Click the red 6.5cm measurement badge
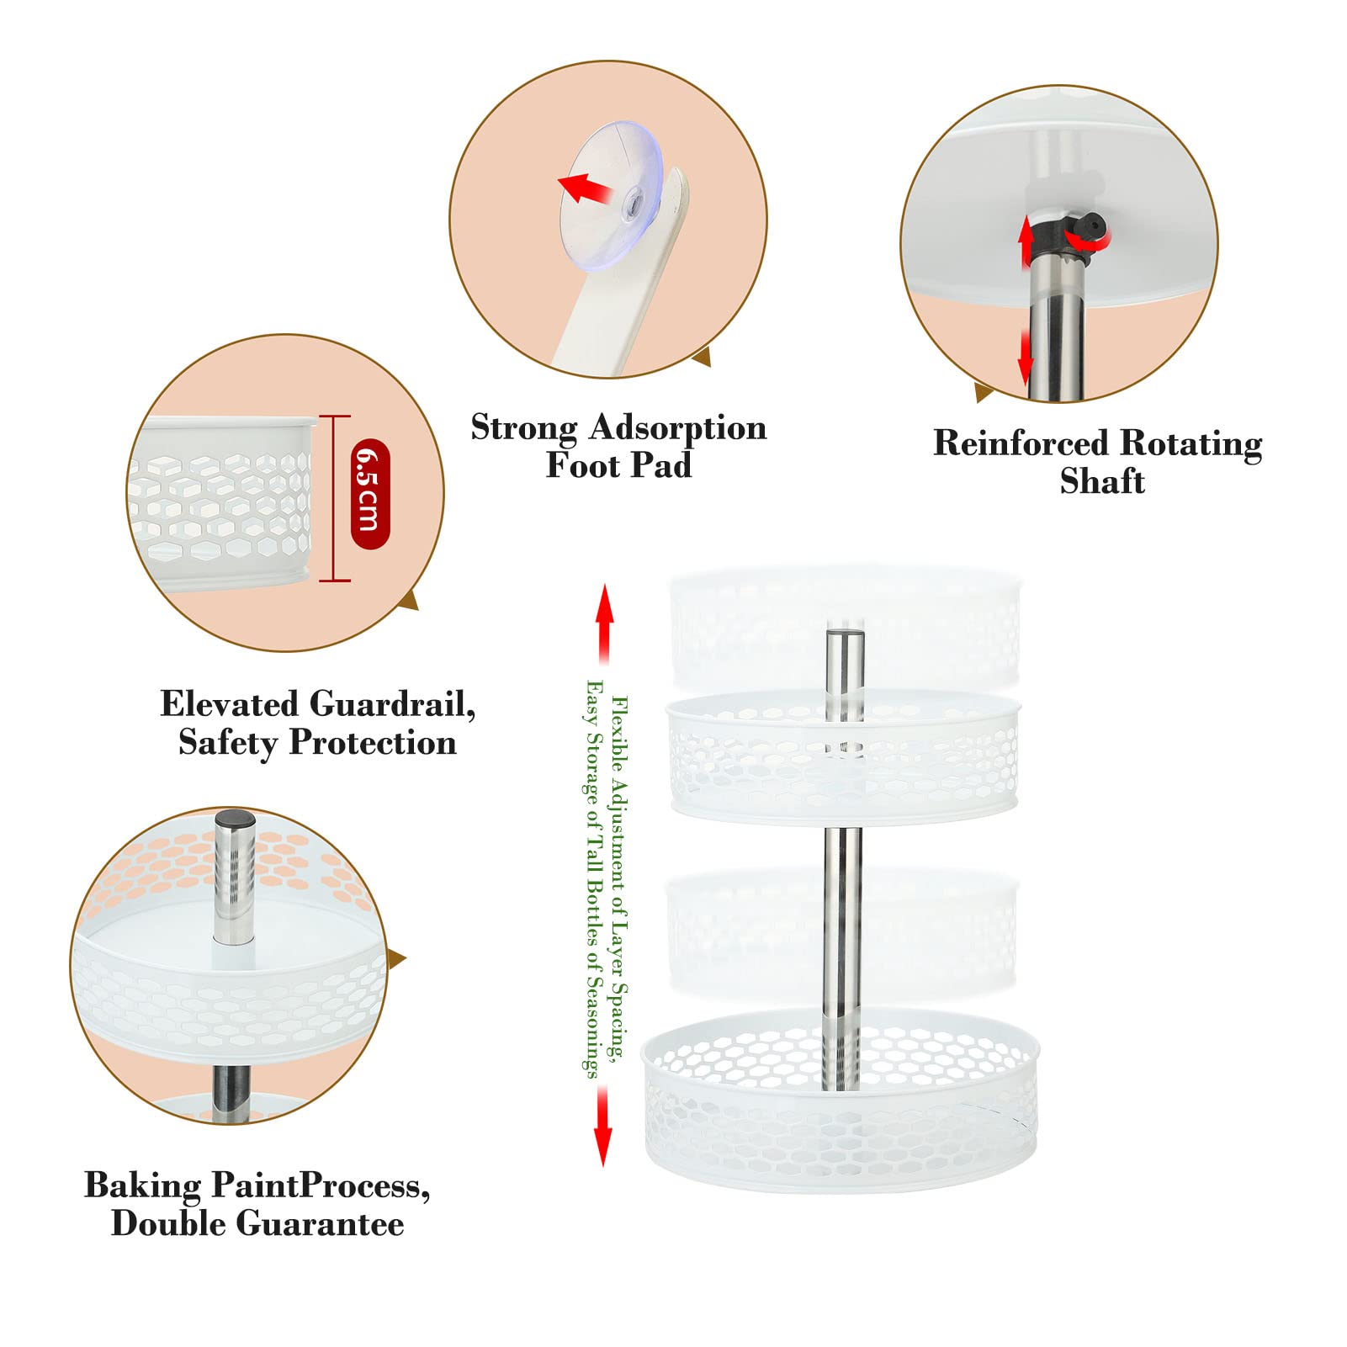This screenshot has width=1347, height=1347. click(370, 494)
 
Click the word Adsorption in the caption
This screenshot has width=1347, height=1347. click(677, 428)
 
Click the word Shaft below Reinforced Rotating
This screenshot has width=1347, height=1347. click(1102, 481)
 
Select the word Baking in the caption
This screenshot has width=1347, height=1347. click(143, 1186)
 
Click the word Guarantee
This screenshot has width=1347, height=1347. click(321, 1223)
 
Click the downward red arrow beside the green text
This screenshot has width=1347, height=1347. click(602, 1126)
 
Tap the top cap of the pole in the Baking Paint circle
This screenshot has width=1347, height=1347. click(235, 820)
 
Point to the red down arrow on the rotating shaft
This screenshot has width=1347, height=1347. click(1025, 357)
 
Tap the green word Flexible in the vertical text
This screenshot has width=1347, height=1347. click(618, 733)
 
